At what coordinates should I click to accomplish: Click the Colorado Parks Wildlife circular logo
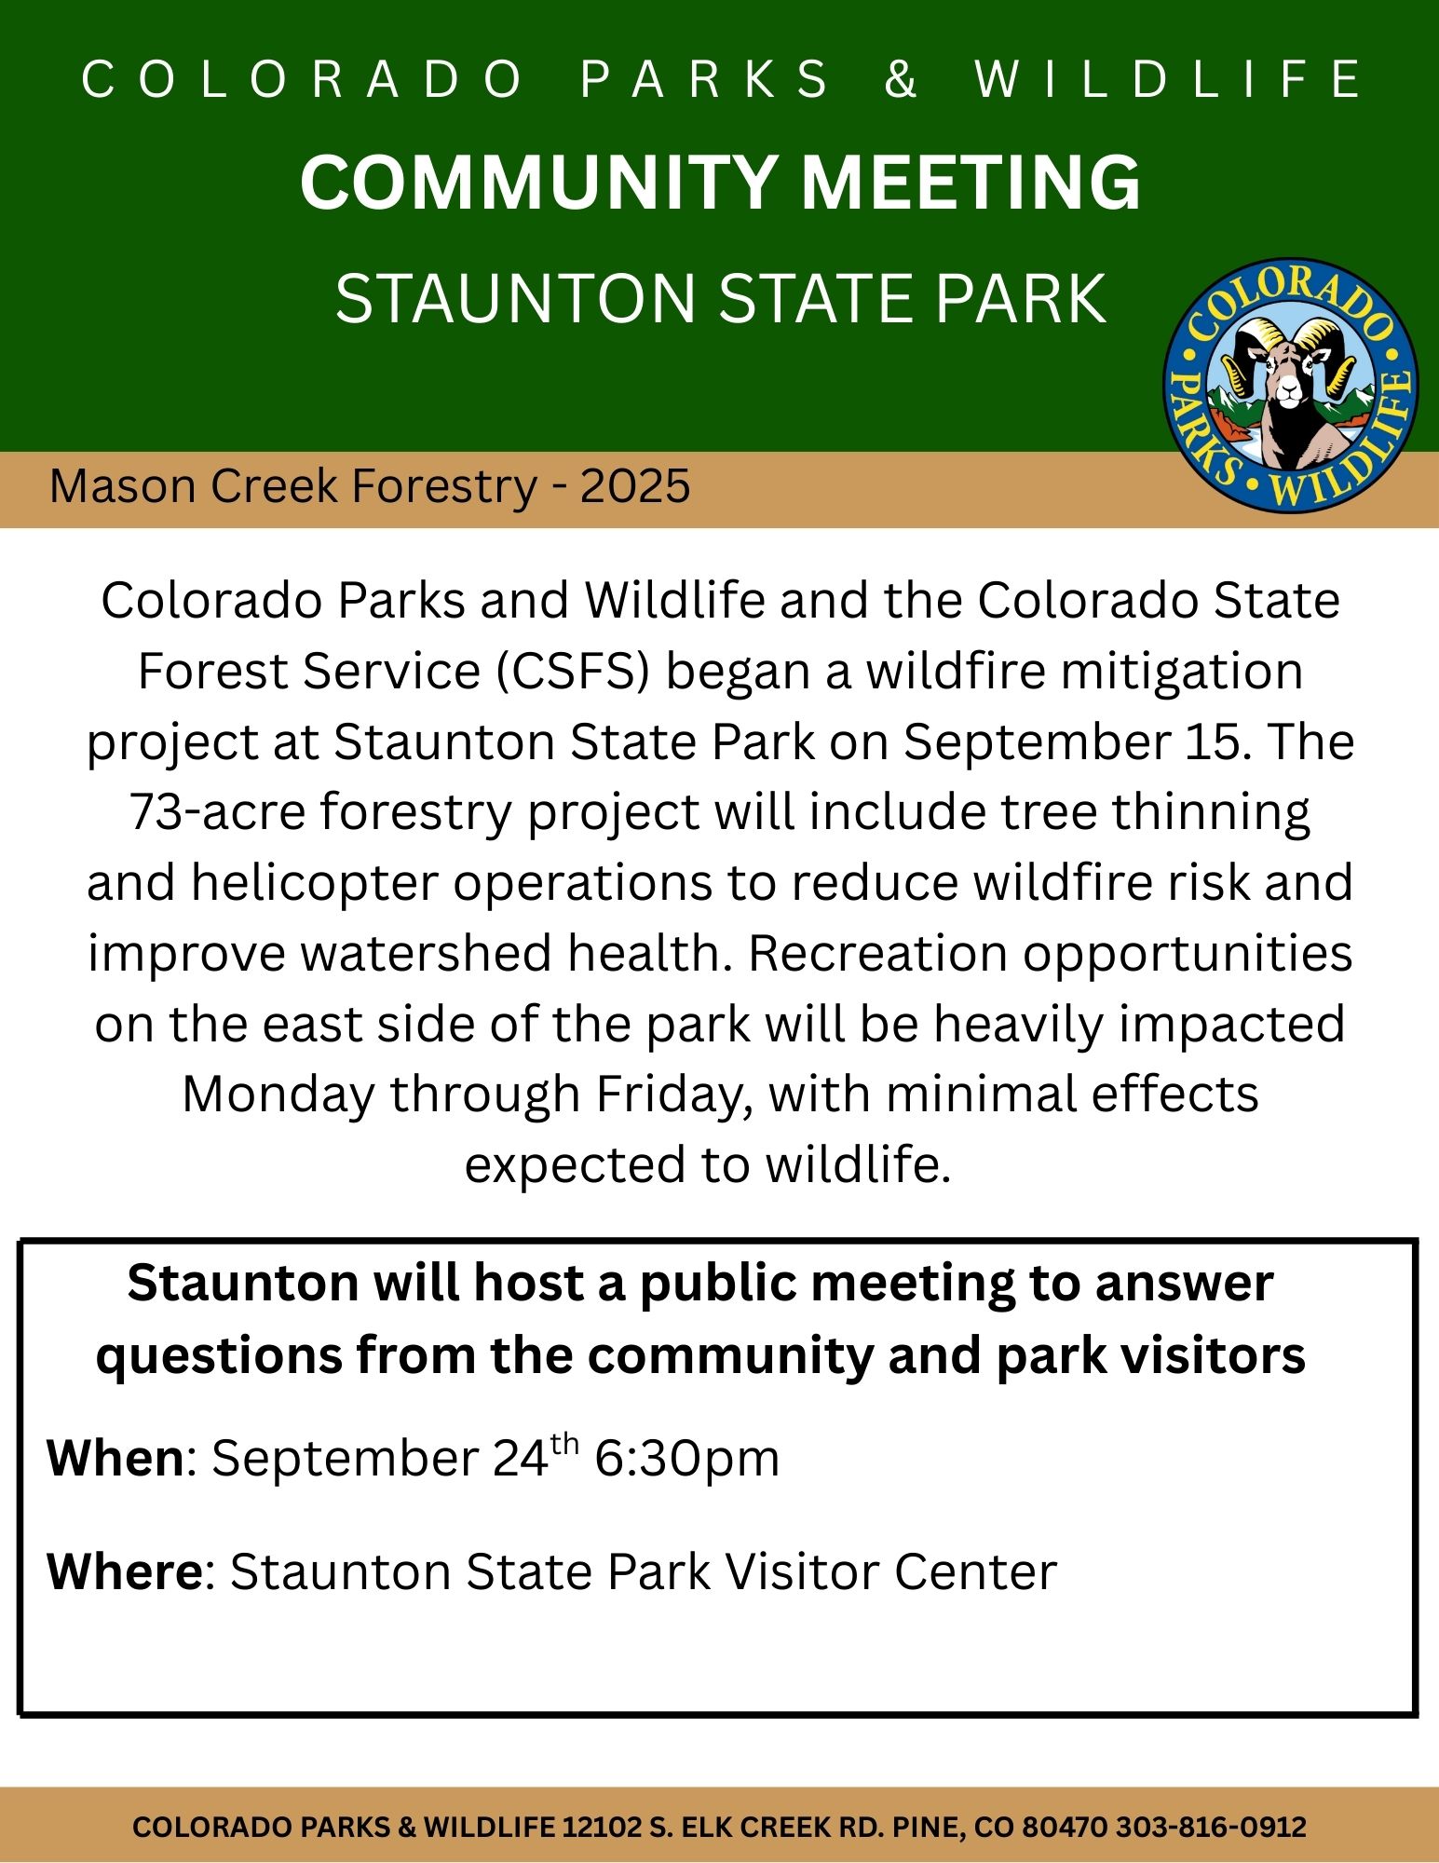1290,385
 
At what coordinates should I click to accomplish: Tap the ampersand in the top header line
901,78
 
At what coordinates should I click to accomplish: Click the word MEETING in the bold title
971,183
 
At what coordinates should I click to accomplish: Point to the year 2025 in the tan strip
634,486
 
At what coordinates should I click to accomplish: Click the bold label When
116,1458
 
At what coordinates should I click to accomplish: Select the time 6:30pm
686,1459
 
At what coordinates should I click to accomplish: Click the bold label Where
125,1571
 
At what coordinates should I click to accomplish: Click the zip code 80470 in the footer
1065,1827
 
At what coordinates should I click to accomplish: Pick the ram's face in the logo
1289,377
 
